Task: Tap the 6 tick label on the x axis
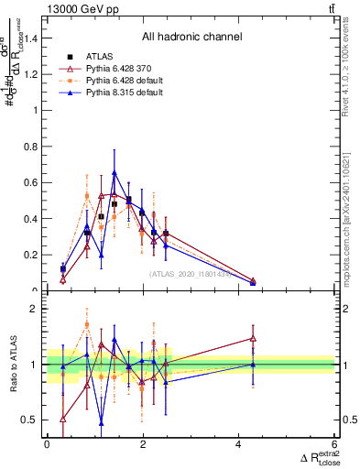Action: coord(335,444)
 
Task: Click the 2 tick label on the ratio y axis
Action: coord(37,310)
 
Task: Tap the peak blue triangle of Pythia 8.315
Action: coord(115,172)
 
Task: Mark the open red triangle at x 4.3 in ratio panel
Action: coord(253,339)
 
